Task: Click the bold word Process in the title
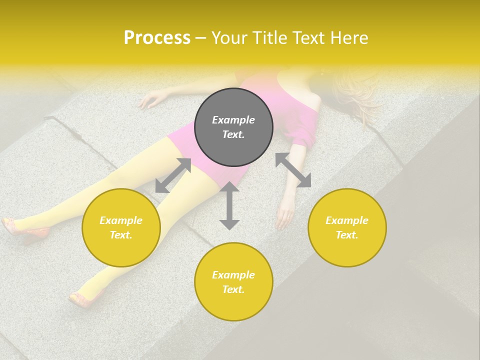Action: point(157,38)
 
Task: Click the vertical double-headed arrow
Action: point(229,205)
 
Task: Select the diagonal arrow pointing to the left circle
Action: point(173,175)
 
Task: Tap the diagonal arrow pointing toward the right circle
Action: point(293,170)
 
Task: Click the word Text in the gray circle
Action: point(233,134)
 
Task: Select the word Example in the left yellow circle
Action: point(121,220)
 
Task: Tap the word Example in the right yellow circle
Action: point(347,220)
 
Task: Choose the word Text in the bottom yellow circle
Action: point(233,289)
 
